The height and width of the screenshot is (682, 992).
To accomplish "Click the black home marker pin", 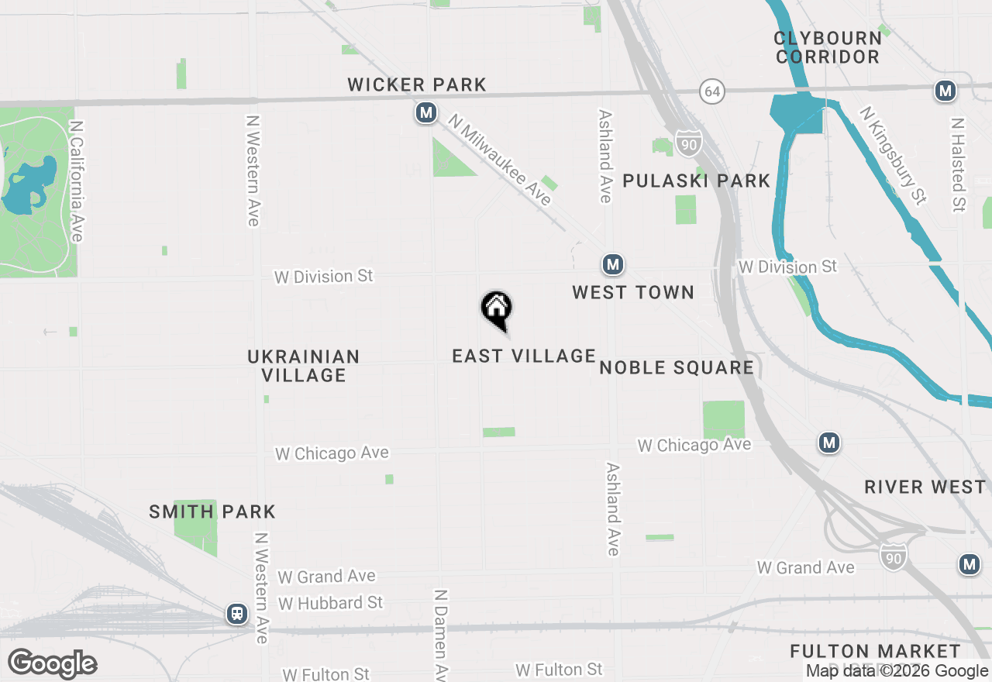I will pos(497,309).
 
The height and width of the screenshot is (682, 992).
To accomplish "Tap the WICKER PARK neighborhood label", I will pos(417,84).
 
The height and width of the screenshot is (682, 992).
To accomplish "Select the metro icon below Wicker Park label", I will pos(425,113).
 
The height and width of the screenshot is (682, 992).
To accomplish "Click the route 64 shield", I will pos(712,91).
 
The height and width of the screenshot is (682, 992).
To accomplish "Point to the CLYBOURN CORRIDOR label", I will pos(828,47).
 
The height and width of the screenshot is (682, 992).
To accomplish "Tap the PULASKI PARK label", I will pos(697,181).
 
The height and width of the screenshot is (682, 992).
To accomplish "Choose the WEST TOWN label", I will pos(633,292).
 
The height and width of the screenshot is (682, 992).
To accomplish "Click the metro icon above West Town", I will pos(613,265).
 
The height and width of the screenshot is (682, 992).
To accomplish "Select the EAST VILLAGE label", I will pos(524,356).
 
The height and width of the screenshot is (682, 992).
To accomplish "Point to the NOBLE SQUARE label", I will pos(677,367).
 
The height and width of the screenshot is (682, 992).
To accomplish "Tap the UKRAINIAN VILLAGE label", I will pos(303,366).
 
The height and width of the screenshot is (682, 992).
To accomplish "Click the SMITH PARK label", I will pos(212,511).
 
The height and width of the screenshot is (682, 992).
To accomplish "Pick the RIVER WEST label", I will pos(925,487).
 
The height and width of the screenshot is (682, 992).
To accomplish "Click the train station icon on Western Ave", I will pos(237,614).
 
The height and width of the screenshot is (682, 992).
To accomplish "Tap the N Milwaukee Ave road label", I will pos(501,160).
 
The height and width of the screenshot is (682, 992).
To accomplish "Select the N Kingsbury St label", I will pos(894,155).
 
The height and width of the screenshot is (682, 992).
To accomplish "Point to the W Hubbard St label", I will pos(331,603).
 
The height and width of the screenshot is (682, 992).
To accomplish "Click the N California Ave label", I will pos(76,180).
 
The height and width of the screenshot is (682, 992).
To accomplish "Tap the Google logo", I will pos(53,663).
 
